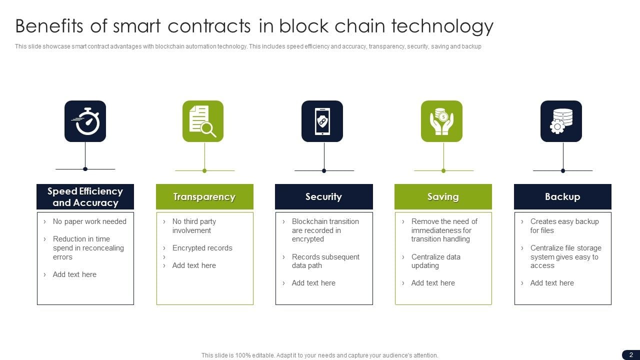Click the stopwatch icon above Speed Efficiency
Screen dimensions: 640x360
point(85,121)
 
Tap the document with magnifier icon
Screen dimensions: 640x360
point(203,121)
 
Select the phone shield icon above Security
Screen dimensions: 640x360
point(322,121)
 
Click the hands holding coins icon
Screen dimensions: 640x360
point(441,121)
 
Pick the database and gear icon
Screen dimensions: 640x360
point(561,121)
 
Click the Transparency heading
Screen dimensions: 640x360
point(204,196)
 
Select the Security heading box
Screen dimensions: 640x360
point(324,196)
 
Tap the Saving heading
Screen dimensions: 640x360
point(443,196)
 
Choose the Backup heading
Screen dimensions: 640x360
point(562,196)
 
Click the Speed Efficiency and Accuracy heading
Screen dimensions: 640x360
point(85,196)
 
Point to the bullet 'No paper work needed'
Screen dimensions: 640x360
point(89,221)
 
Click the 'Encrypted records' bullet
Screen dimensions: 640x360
point(202,247)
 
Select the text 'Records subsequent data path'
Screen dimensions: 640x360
point(325,261)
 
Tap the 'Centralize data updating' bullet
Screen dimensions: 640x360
point(435,261)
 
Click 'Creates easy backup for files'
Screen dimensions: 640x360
point(564,225)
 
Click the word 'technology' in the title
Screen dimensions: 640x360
point(442,26)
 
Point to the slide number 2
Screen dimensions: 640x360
point(631,355)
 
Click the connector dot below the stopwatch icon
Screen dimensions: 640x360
point(85,169)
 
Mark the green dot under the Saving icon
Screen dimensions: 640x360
point(443,171)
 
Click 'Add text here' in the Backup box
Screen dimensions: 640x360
point(552,283)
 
